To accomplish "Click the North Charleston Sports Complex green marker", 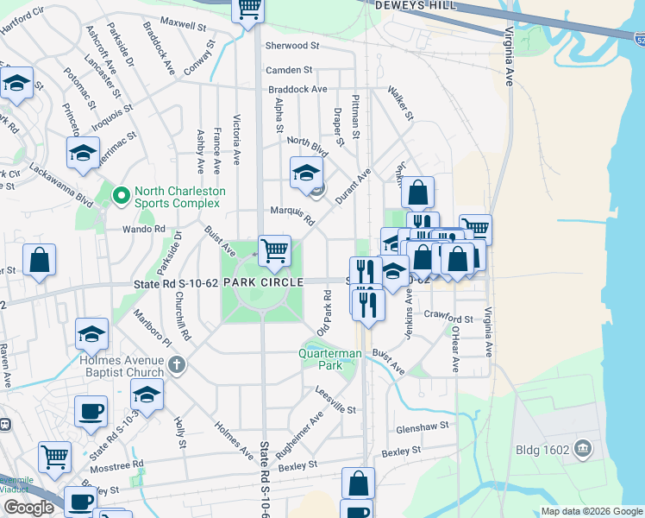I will click(x=122, y=198).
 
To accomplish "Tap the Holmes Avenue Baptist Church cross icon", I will click(x=177, y=364).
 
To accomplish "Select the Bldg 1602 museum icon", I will click(x=583, y=448).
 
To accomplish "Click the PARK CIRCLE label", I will click(x=263, y=282).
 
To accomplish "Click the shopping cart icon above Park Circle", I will click(x=274, y=251).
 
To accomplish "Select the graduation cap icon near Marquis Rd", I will click(x=306, y=173).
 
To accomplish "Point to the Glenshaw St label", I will click(x=423, y=426).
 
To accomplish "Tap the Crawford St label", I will click(x=448, y=319).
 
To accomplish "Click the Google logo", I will click(x=28, y=508).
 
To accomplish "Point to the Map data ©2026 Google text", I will click(x=591, y=511).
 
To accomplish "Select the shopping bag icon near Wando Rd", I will click(x=40, y=260).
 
